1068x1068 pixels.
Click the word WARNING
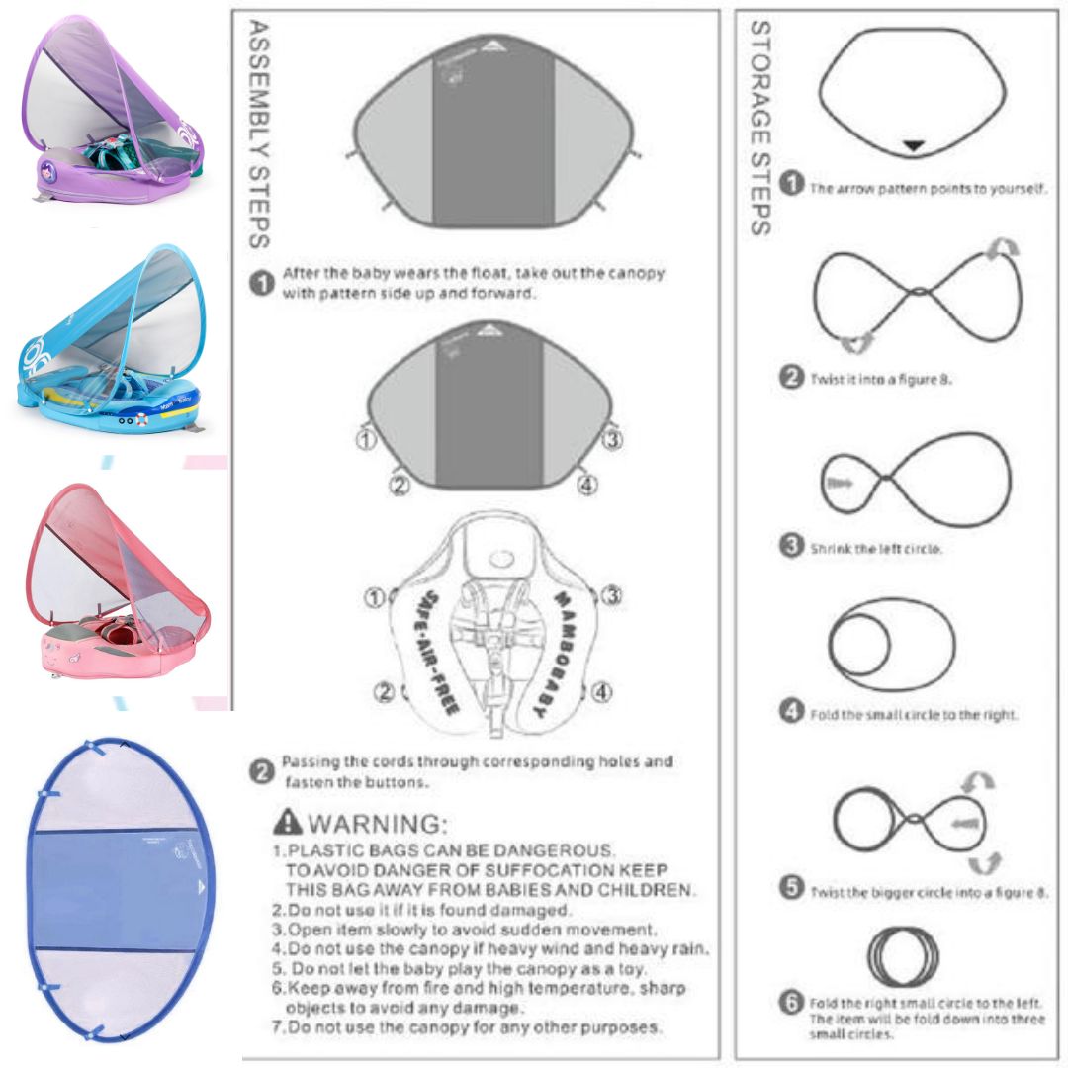(x=380, y=823)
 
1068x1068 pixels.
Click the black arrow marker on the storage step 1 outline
(x=915, y=146)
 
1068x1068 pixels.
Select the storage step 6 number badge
(x=790, y=1003)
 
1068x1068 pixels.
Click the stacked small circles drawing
(x=903, y=953)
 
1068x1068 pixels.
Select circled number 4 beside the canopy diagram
(x=586, y=485)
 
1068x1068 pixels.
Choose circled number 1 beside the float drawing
(x=375, y=597)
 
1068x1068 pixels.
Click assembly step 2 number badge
(x=261, y=772)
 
